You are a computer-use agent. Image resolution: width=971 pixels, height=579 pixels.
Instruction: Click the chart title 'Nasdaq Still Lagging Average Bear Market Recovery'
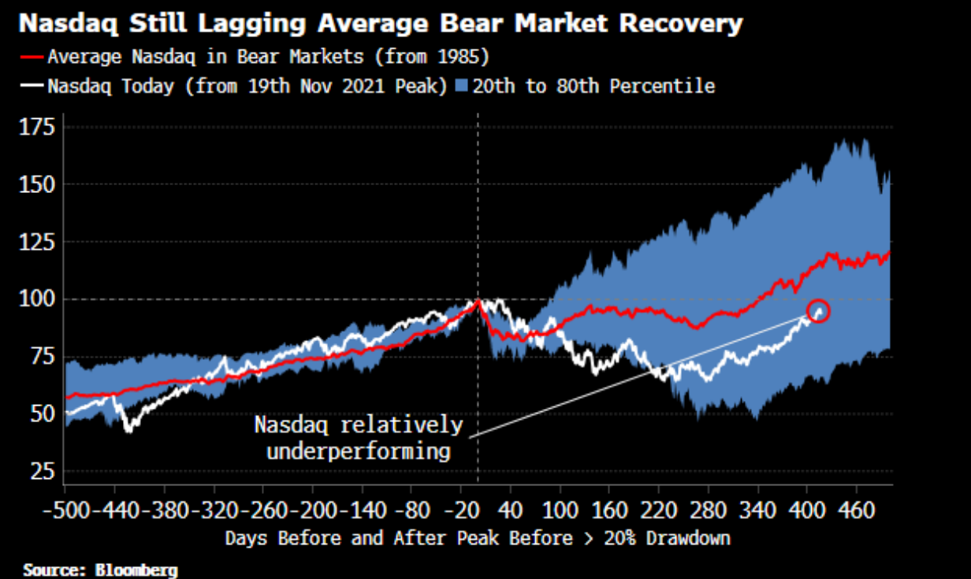380,24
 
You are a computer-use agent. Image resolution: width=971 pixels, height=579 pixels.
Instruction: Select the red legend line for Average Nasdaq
32,58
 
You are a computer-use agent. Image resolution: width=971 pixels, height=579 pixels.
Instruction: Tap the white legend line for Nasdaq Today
32,86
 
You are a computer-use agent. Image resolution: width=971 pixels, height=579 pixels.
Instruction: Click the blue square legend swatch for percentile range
463,86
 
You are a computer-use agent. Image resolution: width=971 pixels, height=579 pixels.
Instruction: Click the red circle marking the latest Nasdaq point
819,311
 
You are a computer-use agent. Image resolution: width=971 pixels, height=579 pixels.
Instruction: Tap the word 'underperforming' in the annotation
359,451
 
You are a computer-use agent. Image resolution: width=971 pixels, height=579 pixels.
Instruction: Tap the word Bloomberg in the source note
139,570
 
